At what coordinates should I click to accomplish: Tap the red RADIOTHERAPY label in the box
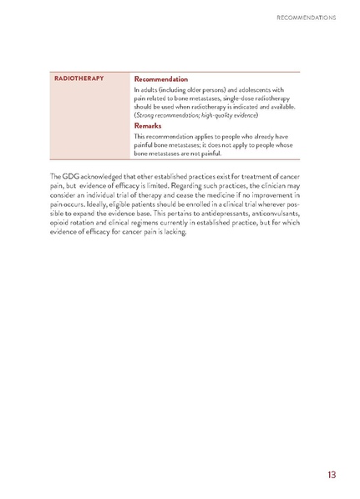click(x=79, y=78)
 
